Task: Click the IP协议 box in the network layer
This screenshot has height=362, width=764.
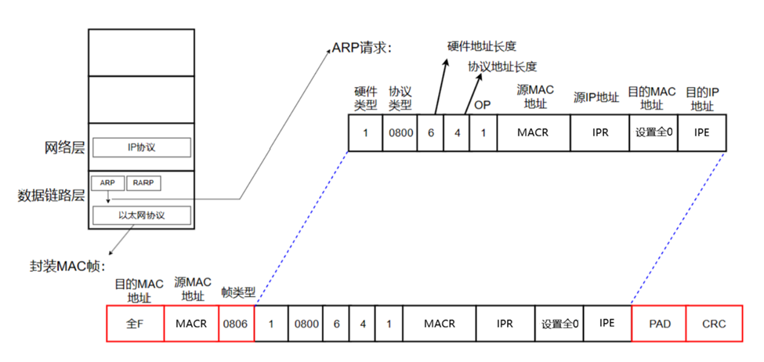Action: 142,147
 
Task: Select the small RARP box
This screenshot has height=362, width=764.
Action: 143,183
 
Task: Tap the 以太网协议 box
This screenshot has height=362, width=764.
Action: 142,215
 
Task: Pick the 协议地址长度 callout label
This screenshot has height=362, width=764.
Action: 502,67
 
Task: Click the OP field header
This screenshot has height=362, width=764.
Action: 483,105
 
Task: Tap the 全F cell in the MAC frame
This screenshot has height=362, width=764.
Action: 135,323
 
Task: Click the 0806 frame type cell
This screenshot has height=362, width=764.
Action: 237,323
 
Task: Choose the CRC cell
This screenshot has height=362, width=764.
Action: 714,323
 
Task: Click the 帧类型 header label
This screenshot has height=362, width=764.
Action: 238,291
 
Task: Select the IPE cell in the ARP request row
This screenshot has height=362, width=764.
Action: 702,132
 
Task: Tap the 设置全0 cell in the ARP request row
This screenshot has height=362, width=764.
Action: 653,132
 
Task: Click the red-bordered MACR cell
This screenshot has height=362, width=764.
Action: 191,323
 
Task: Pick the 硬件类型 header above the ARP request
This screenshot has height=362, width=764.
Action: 365,97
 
